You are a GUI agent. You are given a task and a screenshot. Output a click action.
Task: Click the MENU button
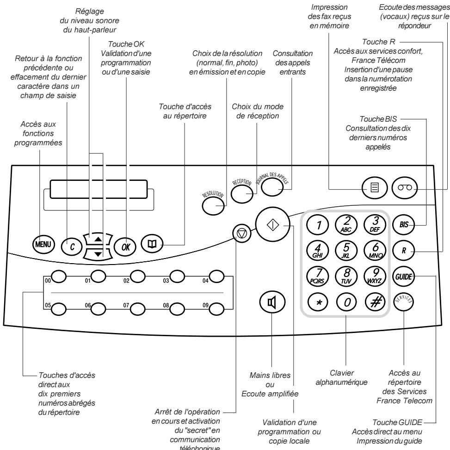point(44,243)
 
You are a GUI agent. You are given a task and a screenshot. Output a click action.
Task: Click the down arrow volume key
point(97,253)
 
